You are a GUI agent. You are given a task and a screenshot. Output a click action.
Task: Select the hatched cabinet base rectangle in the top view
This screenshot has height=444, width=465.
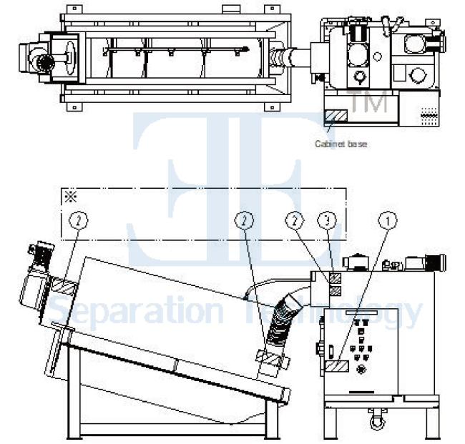click(x=336, y=114)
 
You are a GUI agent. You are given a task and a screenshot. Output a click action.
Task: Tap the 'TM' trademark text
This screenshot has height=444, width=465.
click(x=368, y=102)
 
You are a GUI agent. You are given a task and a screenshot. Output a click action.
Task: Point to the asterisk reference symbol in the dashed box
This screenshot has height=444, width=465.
click(x=70, y=197)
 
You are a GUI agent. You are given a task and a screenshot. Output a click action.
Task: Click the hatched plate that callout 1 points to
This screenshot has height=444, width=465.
click(x=336, y=366)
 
